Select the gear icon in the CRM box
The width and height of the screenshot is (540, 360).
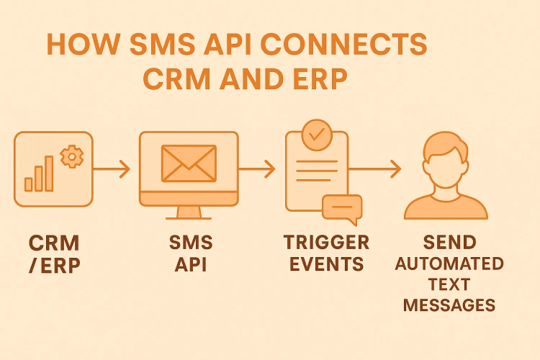(71, 156)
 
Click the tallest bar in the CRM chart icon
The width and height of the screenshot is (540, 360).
(50, 173)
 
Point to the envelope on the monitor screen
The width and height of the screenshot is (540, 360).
(189, 163)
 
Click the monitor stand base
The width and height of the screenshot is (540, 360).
(189, 215)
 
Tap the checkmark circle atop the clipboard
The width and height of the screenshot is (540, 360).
(315, 133)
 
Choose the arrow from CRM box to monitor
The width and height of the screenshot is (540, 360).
(112, 170)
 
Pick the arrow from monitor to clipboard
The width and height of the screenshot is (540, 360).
(256, 170)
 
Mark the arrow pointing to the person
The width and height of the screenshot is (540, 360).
(375, 170)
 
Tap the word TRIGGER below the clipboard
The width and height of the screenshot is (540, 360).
(326, 242)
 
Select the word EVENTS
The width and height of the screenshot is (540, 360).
(326, 264)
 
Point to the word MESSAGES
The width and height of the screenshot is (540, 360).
(449, 305)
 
